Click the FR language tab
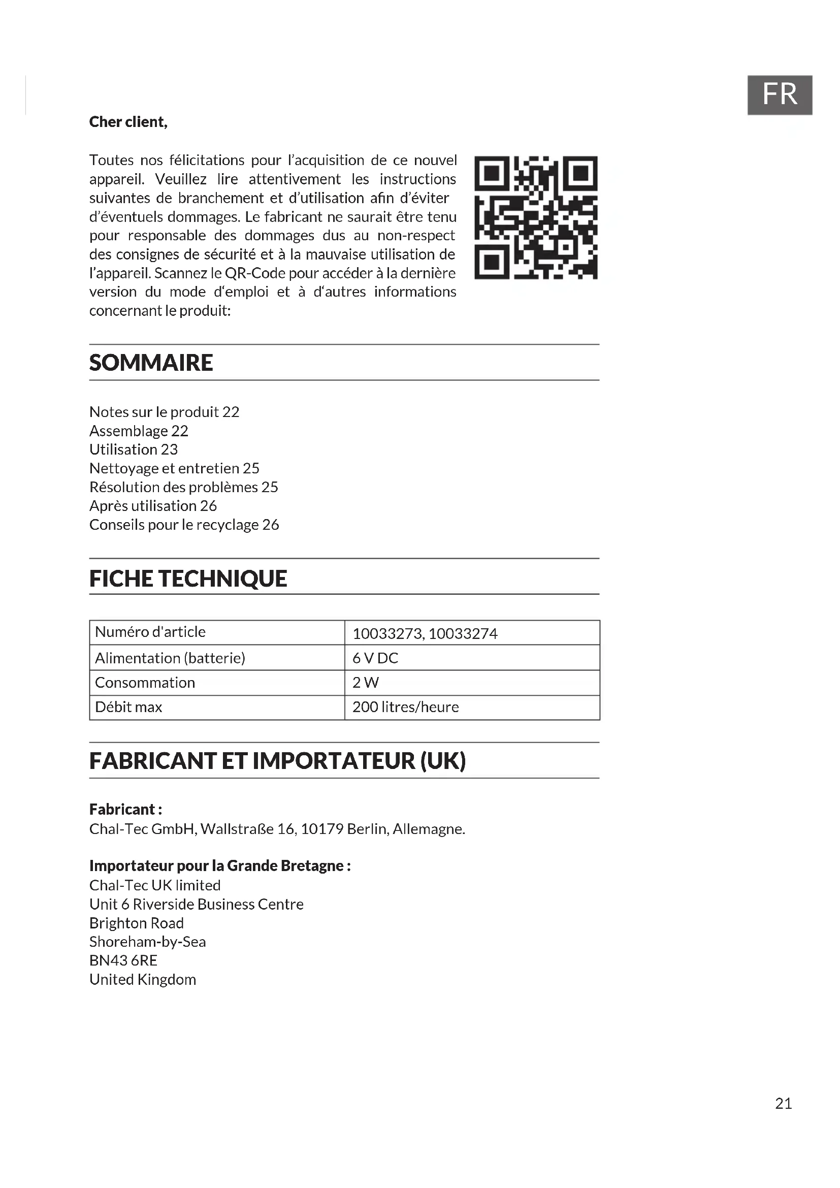coord(779,94)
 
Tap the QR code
coord(536,217)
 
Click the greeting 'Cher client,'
coord(128,122)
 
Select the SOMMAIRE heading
coord(151,363)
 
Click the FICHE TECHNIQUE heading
coord(188,579)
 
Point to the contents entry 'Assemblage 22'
coord(139,431)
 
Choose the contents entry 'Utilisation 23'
coord(134,449)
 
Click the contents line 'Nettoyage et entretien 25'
coord(174,468)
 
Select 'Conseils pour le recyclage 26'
coord(184,525)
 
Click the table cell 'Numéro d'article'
coord(150,632)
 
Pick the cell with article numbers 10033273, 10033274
coord(425,633)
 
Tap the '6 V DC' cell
coord(375,658)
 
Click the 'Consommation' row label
coord(145,683)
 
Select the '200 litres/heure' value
coord(405,707)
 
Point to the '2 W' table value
coord(365,683)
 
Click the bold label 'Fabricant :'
coord(125,809)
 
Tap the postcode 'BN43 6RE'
coord(123,960)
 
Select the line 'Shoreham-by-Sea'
coord(147,942)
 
